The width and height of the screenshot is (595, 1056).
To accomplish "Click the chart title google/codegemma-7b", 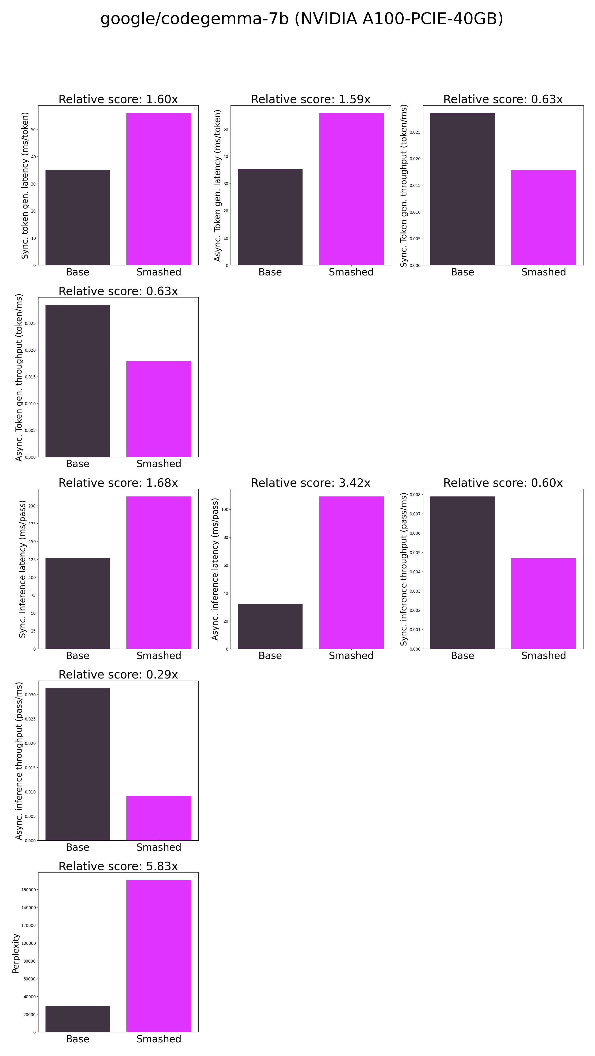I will pyautogui.click(x=302, y=19).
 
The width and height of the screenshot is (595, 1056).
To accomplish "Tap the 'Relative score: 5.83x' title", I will pyautogui.click(x=118, y=866).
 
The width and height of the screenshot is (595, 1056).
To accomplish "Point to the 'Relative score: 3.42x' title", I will pyautogui.click(x=311, y=483).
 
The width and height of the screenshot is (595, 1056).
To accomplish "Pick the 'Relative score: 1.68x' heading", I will pyautogui.click(x=118, y=483).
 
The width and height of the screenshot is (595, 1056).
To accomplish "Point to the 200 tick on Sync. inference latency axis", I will pyautogui.click(x=32, y=506).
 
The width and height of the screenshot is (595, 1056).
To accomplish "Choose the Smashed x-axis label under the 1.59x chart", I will pyautogui.click(x=351, y=272).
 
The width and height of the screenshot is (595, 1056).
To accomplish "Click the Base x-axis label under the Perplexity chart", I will pyautogui.click(x=77, y=1039).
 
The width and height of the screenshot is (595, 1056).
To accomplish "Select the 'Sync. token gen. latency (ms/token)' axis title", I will pyautogui.click(x=25, y=185).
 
